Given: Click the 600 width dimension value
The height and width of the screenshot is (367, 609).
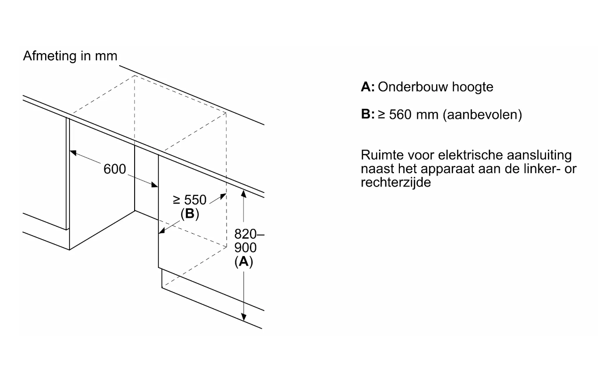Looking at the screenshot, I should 115,169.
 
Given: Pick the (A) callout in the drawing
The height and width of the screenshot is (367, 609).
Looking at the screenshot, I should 243,262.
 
